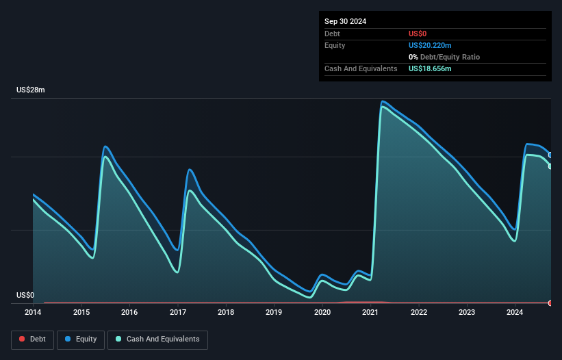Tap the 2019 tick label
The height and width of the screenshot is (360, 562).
274,313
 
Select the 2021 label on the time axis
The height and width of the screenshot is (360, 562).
370,313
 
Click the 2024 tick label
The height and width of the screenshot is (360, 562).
515,313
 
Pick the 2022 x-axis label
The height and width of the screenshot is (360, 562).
419,313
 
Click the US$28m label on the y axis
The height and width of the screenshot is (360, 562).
31,90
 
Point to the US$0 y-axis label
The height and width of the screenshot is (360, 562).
25,296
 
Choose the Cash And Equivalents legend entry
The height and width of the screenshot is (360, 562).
157,339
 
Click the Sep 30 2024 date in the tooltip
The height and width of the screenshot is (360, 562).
345,21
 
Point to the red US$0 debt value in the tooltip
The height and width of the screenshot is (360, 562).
418,34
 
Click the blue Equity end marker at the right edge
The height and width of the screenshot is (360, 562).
550,155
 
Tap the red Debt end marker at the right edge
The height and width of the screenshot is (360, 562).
550,303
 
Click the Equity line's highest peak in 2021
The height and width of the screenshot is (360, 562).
383,101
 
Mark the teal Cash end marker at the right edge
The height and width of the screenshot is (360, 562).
550,166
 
